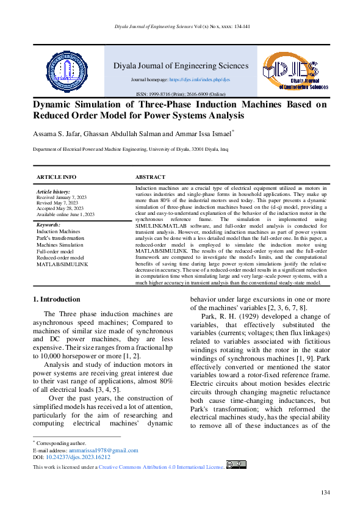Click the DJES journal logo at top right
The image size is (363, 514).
(295, 71)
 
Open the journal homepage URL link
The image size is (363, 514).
(199, 80)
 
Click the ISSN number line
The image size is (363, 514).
(181, 95)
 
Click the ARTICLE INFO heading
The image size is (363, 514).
(57, 177)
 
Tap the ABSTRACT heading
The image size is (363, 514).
(150, 177)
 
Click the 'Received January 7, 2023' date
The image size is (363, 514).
(62, 198)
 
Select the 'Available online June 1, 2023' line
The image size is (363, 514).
(65, 215)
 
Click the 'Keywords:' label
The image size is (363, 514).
(48, 225)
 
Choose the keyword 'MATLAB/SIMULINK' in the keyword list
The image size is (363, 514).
(62, 264)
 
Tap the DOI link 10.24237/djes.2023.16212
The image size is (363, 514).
(79, 457)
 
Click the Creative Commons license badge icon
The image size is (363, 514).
(235, 465)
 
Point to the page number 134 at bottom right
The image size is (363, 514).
(325, 493)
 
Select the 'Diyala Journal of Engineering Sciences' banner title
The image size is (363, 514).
(181, 66)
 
